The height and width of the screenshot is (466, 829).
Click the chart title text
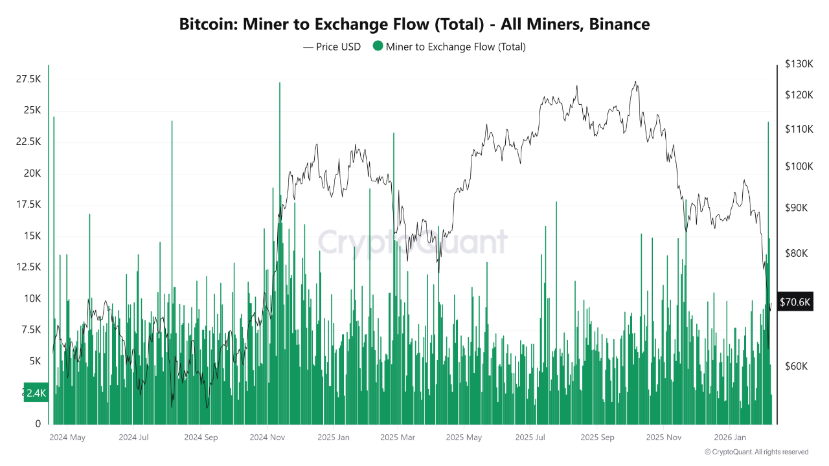[x=414, y=25]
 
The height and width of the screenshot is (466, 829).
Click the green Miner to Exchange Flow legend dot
[x=378, y=47]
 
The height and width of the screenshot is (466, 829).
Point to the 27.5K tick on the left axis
[x=28, y=79]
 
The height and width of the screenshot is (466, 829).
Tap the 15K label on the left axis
[x=32, y=236]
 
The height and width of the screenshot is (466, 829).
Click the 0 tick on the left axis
[x=38, y=424]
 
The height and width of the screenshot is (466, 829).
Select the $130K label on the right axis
[x=798, y=64]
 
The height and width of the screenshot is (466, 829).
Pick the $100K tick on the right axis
[x=798, y=166]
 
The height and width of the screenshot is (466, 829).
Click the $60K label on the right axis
[x=796, y=366]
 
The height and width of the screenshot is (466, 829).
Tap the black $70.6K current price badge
[x=795, y=302]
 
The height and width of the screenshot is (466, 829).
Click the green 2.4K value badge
[x=36, y=392]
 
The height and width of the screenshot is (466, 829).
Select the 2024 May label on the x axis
[x=67, y=438]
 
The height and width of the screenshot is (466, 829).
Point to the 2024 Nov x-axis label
[x=267, y=438]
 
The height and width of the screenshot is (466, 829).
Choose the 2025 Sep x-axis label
[x=597, y=438]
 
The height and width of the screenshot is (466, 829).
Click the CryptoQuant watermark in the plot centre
[x=413, y=242]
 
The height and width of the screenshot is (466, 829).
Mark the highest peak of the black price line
[x=636, y=82]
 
